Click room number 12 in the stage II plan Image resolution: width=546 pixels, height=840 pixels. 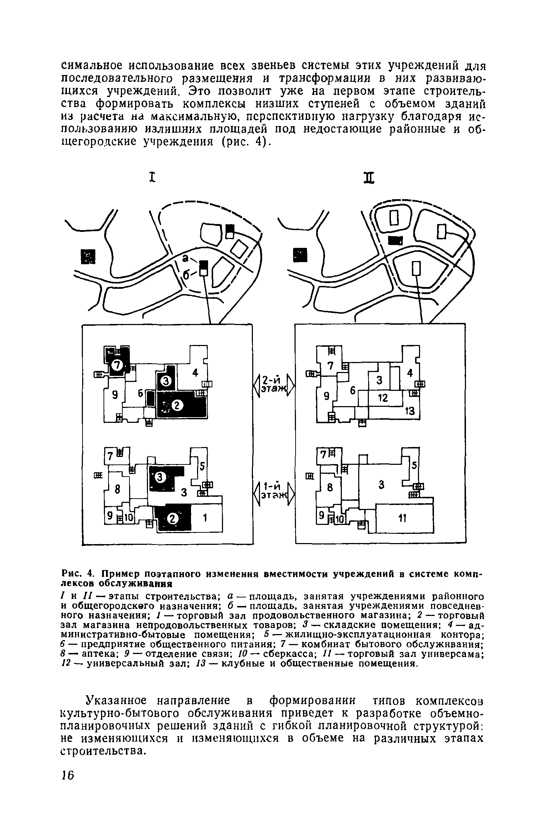(x=382, y=398)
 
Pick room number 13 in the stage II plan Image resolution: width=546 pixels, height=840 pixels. (x=410, y=411)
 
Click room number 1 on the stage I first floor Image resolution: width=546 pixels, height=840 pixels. (x=205, y=519)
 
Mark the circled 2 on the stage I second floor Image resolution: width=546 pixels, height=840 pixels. (x=177, y=405)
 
